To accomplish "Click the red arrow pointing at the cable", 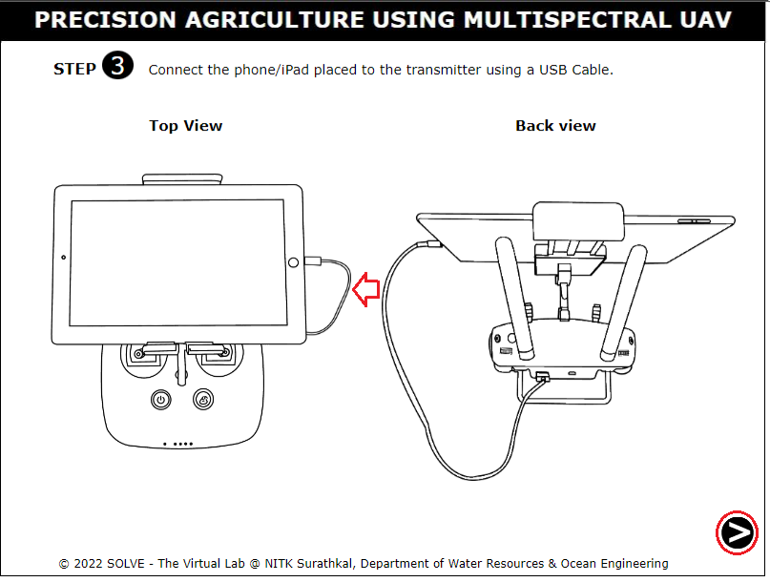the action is (x=366, y=290).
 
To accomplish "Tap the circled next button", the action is (x=737, y=533).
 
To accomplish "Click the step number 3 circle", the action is (x=118, y=65).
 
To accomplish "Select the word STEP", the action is (x=74, y=70).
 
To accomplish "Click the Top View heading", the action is (x=186, y=126).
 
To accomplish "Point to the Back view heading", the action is (x=555, y=126).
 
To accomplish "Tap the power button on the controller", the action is (x=161, y=400).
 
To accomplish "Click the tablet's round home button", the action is (x=293, y=262).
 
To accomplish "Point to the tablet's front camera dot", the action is (x=63, y=258).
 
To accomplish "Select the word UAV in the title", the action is (x=706, y=20).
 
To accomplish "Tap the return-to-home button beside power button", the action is (x=203, y=400).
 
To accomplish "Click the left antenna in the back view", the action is (x=514, y=298).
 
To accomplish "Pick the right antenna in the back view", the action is (x=624, y=303).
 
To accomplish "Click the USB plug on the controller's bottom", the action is (x=543, y=377).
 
